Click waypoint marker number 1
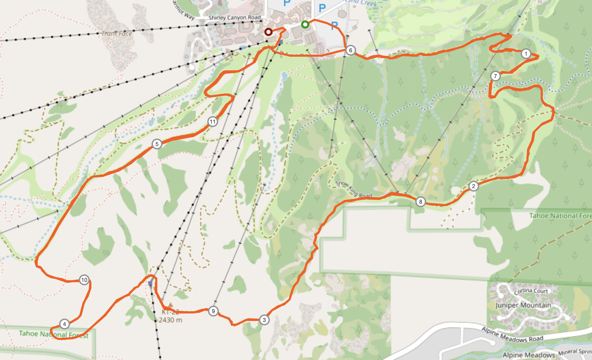coord(526,54)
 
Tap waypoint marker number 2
coord(473,186)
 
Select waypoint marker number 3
coord(264,320)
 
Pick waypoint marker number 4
coord(64,324)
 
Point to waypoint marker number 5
coord(157,144)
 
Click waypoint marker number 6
coord(350,50)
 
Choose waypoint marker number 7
coord(495,76)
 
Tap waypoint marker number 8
coord(420,202)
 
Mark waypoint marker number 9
coord(213,311)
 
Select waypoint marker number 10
coord(84,280)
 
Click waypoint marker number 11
coord(212,122)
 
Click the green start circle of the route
coord(305,24)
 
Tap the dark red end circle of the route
coord(268,32)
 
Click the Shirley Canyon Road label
coord(234,17)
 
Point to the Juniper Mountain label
coord(523,305)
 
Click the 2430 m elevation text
coord(170,320)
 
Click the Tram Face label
coord(117,33)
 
